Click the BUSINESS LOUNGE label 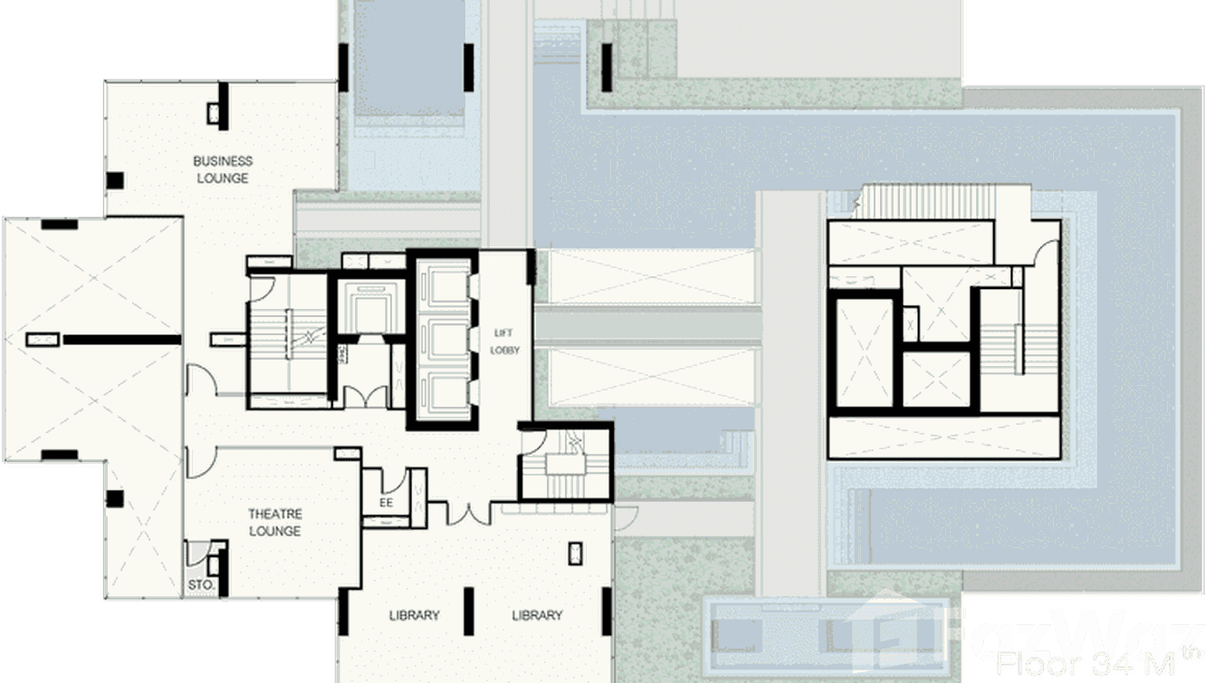pos(223,169)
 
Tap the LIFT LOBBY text pos(504,341)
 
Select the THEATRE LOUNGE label pos(274,523)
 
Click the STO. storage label pos(201,585)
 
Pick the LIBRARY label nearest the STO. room pos(414,616)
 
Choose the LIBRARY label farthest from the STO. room pos(537,616)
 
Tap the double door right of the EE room pos(473,514)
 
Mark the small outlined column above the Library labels pos(575,553)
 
